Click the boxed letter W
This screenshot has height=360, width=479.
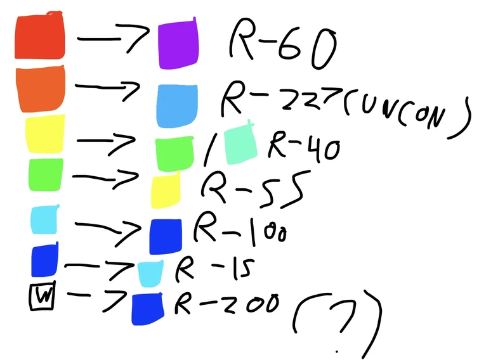tap(43, 297)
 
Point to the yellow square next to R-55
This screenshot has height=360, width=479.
tap(166, 191)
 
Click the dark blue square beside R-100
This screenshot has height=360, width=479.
tap(166, 235)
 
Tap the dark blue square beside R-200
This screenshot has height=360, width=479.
tap(147, 309)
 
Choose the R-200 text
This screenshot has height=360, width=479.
tap(226, 304)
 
